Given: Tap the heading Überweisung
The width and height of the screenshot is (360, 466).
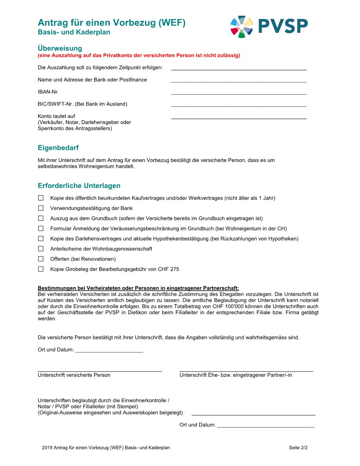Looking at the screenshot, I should (x=60, y=48).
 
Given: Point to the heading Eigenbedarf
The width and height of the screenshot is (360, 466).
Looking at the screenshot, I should (x=58, y=148).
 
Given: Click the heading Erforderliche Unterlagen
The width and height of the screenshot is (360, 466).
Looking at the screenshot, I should (x=79, y=186).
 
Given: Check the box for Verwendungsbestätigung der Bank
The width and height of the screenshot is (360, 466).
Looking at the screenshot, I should (x=41, y=208).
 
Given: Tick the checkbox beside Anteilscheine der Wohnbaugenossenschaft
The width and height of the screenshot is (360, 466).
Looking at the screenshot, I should (x=41, y=249).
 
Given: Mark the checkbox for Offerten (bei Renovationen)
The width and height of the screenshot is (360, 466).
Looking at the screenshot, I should (x=41, y=259).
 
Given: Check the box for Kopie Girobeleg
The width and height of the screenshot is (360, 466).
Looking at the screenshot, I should (x=41, y=269).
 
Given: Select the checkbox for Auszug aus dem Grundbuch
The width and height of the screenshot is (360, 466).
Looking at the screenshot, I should (x=41, y=218).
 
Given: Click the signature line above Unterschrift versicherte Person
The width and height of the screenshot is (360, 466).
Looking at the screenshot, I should (x=100, y=371).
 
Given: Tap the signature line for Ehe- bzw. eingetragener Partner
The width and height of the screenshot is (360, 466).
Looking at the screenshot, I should (x=246, y=371).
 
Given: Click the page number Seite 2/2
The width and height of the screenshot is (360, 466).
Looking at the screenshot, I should (x=298, y=448).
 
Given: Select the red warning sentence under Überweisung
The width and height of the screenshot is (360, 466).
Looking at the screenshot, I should (x=139, y=55).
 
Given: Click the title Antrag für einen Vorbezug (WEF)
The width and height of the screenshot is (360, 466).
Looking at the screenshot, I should (x=111, y=23).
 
